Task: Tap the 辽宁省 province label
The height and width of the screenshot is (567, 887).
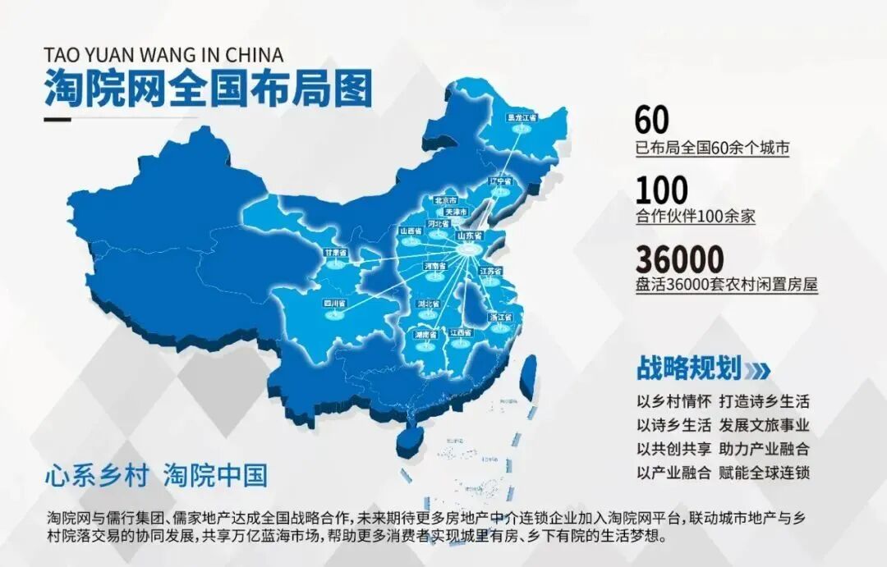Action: coord(500,181)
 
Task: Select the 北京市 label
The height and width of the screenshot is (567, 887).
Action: coord(445,200)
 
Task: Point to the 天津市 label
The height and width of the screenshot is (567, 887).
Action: coord(456,212)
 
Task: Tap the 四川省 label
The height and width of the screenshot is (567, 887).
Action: coord(334,304)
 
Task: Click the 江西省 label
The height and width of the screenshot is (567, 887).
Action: coord(461,333)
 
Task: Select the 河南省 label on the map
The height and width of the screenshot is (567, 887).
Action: coord(434,267)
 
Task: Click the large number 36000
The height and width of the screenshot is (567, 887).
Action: coord(679,260)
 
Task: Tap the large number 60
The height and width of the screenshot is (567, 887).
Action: coord(651,121)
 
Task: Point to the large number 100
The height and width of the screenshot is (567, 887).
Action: coord(661,190)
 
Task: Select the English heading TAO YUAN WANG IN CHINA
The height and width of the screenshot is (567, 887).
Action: coord(163,55)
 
